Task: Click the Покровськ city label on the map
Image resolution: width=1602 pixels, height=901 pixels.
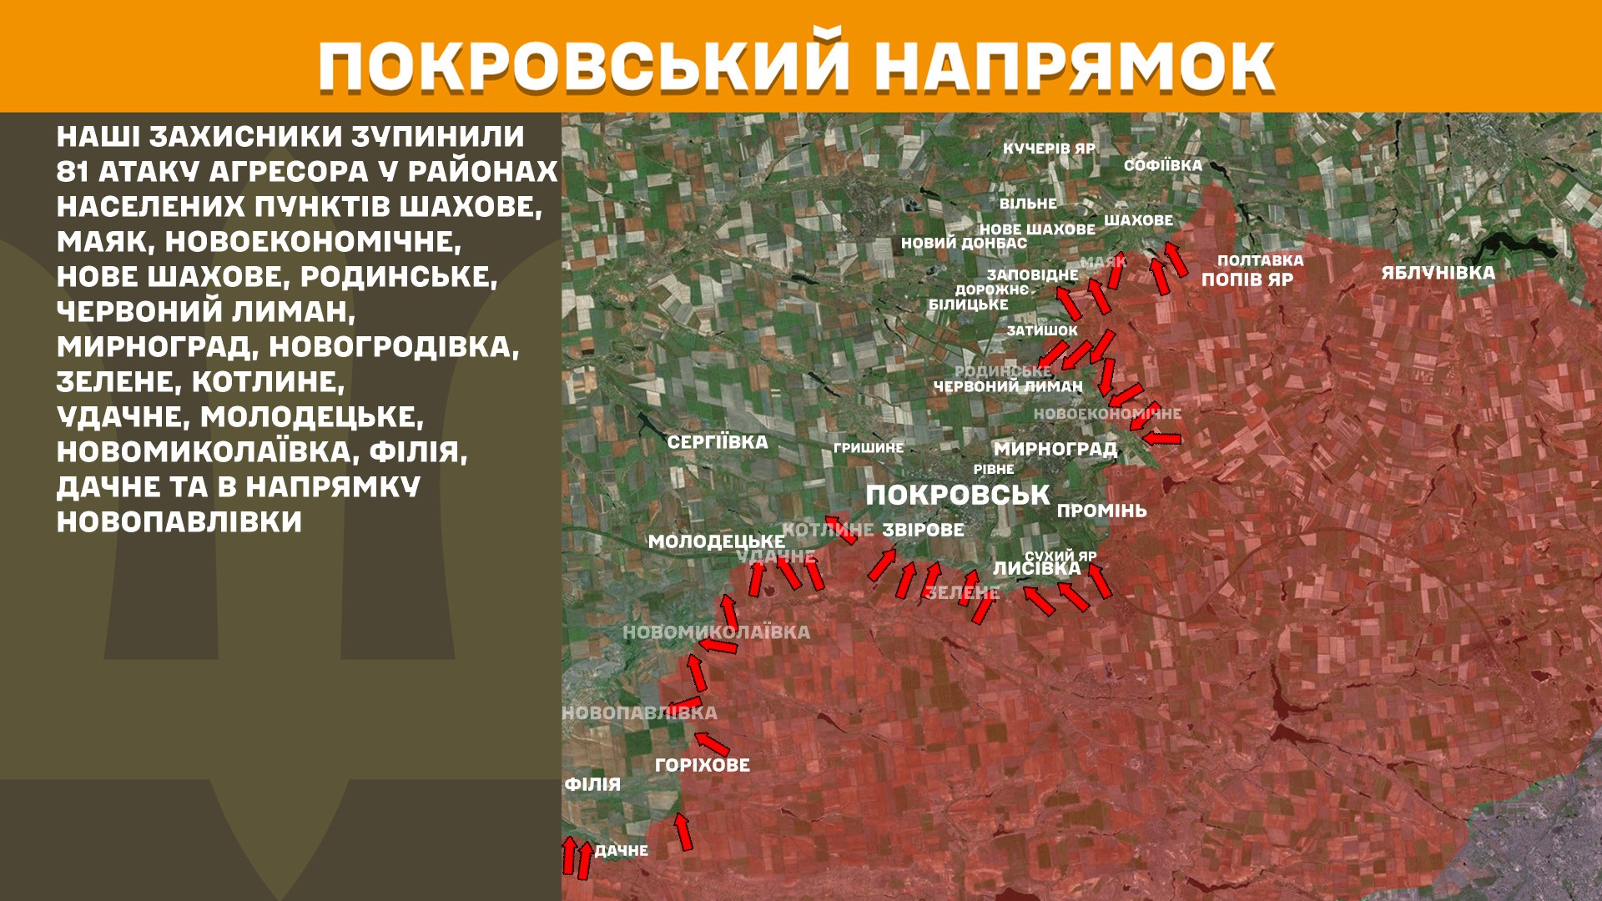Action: [957, 495]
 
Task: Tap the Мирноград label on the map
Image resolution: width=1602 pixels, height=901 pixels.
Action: [1055, 449]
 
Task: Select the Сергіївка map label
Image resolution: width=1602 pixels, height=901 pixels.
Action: [718, 442]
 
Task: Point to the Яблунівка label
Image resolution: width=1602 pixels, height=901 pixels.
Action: [1438, 273]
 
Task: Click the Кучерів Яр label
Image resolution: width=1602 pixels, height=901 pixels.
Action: [1049, 148]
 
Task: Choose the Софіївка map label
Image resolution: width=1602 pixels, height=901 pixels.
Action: [1162, 165]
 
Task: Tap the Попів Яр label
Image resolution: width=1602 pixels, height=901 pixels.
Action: [1247, 279]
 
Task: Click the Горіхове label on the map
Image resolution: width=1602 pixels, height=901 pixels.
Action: [703, 765]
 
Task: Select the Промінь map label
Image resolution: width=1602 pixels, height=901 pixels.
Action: [1101, 511]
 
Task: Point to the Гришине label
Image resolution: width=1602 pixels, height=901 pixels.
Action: [868, 448]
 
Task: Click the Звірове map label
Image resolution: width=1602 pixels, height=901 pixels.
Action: [923, 530]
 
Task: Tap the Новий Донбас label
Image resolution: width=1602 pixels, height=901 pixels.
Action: [964, 244]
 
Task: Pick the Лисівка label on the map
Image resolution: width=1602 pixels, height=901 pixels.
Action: [1036, 569]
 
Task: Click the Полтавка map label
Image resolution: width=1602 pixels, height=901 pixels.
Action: [1260, 260]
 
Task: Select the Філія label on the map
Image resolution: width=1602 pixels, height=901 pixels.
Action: [592, 784]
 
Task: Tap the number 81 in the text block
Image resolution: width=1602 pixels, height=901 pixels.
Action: [73, 172]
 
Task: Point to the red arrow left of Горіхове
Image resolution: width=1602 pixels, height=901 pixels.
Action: [712, 742]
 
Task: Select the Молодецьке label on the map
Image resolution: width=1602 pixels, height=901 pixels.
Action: [716, 541]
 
